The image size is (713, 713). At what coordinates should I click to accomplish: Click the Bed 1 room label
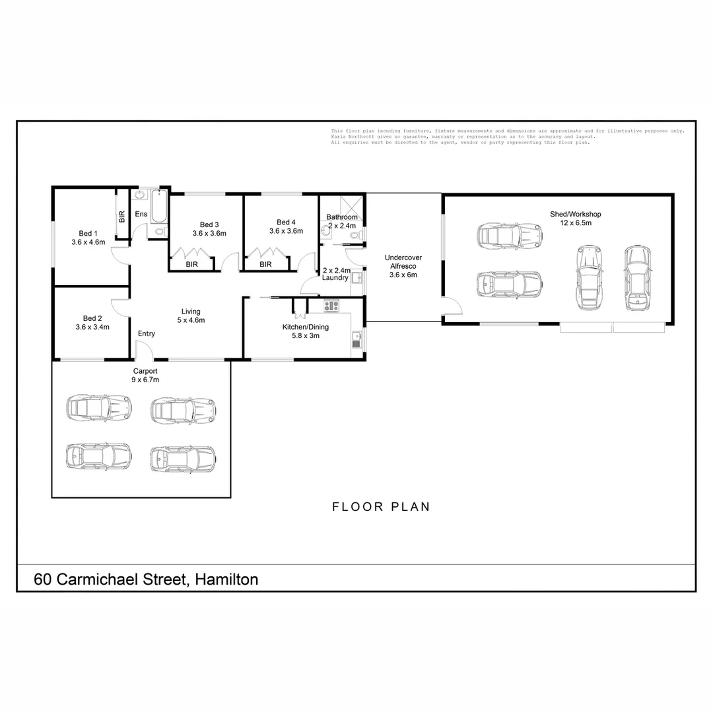point(88,233)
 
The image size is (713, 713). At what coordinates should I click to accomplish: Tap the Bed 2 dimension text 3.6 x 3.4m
point(92,327)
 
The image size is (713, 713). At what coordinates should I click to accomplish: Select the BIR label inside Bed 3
point(192,264)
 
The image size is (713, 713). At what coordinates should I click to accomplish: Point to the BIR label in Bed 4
point(265,264)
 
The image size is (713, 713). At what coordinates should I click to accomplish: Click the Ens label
point(141,214)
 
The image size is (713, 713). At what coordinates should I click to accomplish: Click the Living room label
point(191,312)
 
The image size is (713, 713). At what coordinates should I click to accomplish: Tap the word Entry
point(147,333)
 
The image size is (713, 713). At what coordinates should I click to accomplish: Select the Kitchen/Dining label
point(305,327)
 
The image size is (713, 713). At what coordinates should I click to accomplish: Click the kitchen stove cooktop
point(331,306)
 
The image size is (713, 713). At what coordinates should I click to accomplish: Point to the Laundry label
point(335,278)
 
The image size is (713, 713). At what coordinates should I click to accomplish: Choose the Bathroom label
point(342,217)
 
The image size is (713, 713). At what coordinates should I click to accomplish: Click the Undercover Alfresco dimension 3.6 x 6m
point(403,275)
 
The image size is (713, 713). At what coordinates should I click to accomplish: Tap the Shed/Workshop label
point(576,214)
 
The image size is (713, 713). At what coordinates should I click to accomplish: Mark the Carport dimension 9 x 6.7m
point(145,380)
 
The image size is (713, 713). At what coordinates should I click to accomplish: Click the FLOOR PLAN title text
point(381,507)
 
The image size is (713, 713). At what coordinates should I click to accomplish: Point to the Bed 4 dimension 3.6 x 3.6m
point(286,231)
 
